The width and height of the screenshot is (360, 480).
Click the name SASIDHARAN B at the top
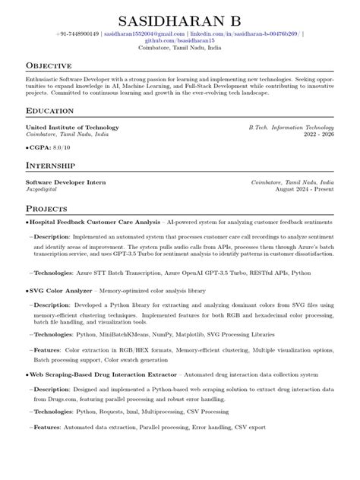[x=180, y=19]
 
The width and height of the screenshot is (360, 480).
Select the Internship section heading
[x=50, y=165]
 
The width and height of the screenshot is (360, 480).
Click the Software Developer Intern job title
[x=66, y=182]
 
